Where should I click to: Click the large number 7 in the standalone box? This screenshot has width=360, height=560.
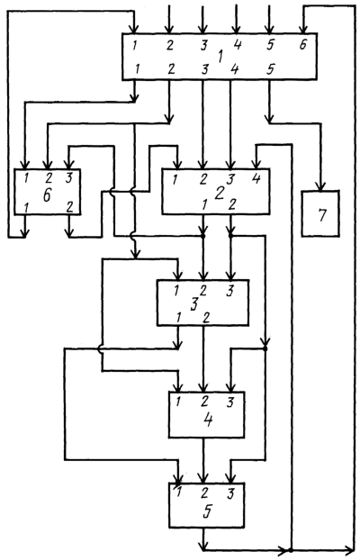(322, 215)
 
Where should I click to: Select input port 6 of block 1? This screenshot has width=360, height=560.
(302, 45)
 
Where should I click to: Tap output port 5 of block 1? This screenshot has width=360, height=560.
(270, 69)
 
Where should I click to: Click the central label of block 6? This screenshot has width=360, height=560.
(47, 195)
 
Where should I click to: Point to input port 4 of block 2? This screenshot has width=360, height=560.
(256, 178)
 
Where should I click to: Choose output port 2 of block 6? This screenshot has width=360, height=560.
(70, 207)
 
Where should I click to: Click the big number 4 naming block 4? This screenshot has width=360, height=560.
(208, 420)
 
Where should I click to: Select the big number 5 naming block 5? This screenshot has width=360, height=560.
(207, 511)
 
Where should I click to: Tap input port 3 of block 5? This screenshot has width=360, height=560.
(230, 493)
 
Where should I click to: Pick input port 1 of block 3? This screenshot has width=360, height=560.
(175, 291)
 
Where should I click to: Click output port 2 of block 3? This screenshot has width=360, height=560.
(206, 318)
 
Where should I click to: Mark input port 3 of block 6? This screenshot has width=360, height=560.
(68, 178)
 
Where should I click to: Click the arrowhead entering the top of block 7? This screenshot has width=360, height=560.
(321, 186)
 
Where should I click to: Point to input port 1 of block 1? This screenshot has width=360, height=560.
(134, 46)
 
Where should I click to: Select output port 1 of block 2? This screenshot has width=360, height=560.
(204, 205)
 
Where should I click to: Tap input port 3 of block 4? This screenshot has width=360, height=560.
(230, 402)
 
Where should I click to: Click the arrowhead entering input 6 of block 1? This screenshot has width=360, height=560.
(303, 29)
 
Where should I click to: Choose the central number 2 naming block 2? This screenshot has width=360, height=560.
(220, 194)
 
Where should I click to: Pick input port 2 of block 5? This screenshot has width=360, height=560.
(204, 492)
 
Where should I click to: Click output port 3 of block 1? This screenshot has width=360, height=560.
(204, 69)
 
